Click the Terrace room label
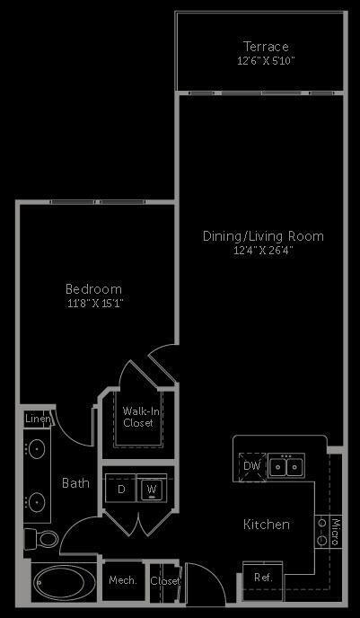(266, 47)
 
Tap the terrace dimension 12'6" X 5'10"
(266, 61)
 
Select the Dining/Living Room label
(262, 236)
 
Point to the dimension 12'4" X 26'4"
(261, 251)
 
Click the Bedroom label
(93, 289)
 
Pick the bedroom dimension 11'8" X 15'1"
(93, 304)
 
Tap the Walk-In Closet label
(138, 417)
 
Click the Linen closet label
(37, 419)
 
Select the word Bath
(75, 483)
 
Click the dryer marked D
(121, 490)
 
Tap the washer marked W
(152, 490)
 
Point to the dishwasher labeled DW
(251, 465)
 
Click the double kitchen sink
(288, 465)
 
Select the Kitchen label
(266, 524)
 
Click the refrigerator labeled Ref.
(262, 577)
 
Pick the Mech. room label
(122, 581)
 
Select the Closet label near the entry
(165, 581)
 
